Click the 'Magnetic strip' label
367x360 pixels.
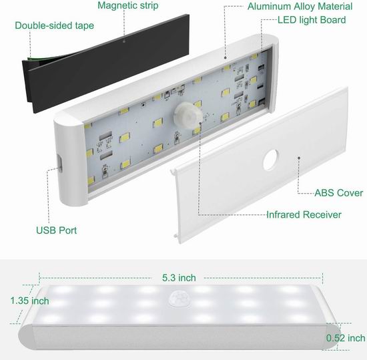tap(128, 5)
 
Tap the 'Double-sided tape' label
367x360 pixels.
tap(54, 25)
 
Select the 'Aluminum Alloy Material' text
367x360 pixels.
tap(300, 6)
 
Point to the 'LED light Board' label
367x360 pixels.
tap(312, 20)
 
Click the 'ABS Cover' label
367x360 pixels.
tap(339, 193)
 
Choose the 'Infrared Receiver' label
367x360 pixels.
tap(304, 215)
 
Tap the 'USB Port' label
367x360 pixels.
tap(57, 230)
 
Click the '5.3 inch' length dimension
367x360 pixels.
tap(179, 278)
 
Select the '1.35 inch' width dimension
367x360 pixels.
tap(30, 301)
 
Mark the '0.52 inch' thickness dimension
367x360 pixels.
tap(346, 338)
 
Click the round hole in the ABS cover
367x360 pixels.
tap(271, 160)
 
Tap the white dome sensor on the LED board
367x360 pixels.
tap(188, 116)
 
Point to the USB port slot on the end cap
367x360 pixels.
tap(60, 163)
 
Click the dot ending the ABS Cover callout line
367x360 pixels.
tap(299, 158)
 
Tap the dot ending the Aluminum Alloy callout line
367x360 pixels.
tap(225, 57)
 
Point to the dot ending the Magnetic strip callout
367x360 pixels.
tap(124, 41)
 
